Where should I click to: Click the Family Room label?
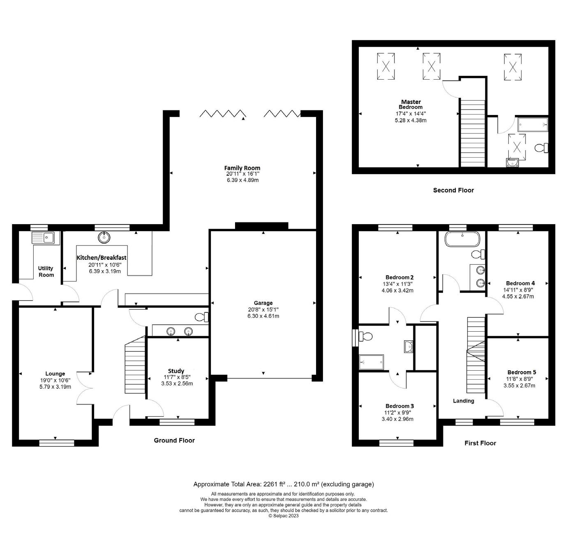click(x=242, y=168)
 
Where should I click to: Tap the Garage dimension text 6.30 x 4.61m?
click(x=263, y=316)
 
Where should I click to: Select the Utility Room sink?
click(x=43, y=238)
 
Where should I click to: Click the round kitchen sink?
click(x=104, y=237)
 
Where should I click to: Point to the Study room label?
click(x=176, y=371)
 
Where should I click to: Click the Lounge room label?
click(x=55, y=374)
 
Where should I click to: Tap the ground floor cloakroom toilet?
click(x=201, y=317)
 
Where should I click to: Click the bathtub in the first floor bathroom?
click(x=462, y=239)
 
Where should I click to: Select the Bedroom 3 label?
click(x=399, y=406)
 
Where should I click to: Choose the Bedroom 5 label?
click(x=521, y=372)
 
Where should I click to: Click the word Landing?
click(x=463, y=401)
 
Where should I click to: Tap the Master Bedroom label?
click(x=411, y=104)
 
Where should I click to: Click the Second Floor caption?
click(x=453, y=190)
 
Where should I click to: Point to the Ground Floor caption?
click(x=174, y=440)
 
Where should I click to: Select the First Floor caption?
click(x=480, y=443)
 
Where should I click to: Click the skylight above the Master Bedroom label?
click(x=431, y=66)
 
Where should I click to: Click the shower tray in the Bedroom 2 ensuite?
click(x=371, y=362)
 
